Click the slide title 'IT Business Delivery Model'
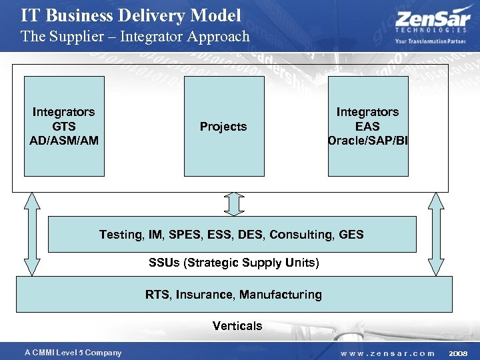(x=131, y=15)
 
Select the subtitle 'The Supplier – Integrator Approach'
(x=135, y=36)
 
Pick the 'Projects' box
(x=223, y=126)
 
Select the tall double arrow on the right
(x=435, y=233)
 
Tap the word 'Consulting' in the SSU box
(x=300, y=235)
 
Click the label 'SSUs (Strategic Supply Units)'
(x=234, y=263)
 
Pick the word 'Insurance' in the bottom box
(x=203, y=295)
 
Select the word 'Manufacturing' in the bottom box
(x=281, y=295)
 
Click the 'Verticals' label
(x=237, y=326)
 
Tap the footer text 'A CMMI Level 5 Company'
(x=73, y=353)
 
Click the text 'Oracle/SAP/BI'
(x=367, y=141)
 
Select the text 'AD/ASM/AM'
(x=64, y=141)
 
